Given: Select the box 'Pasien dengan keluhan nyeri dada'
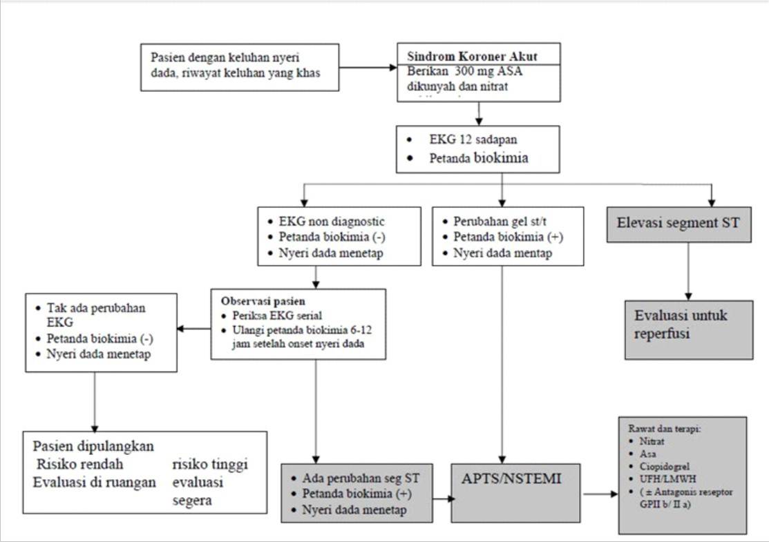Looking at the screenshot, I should (240, 67).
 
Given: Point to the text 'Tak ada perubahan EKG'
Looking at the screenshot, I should (96, 315).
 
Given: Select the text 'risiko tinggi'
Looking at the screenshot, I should (210, 464).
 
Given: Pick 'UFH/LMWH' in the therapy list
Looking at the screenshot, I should (656, 478).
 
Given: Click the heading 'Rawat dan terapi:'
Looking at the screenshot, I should (664, 428).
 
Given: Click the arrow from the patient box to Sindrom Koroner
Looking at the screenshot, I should (368, 68).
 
